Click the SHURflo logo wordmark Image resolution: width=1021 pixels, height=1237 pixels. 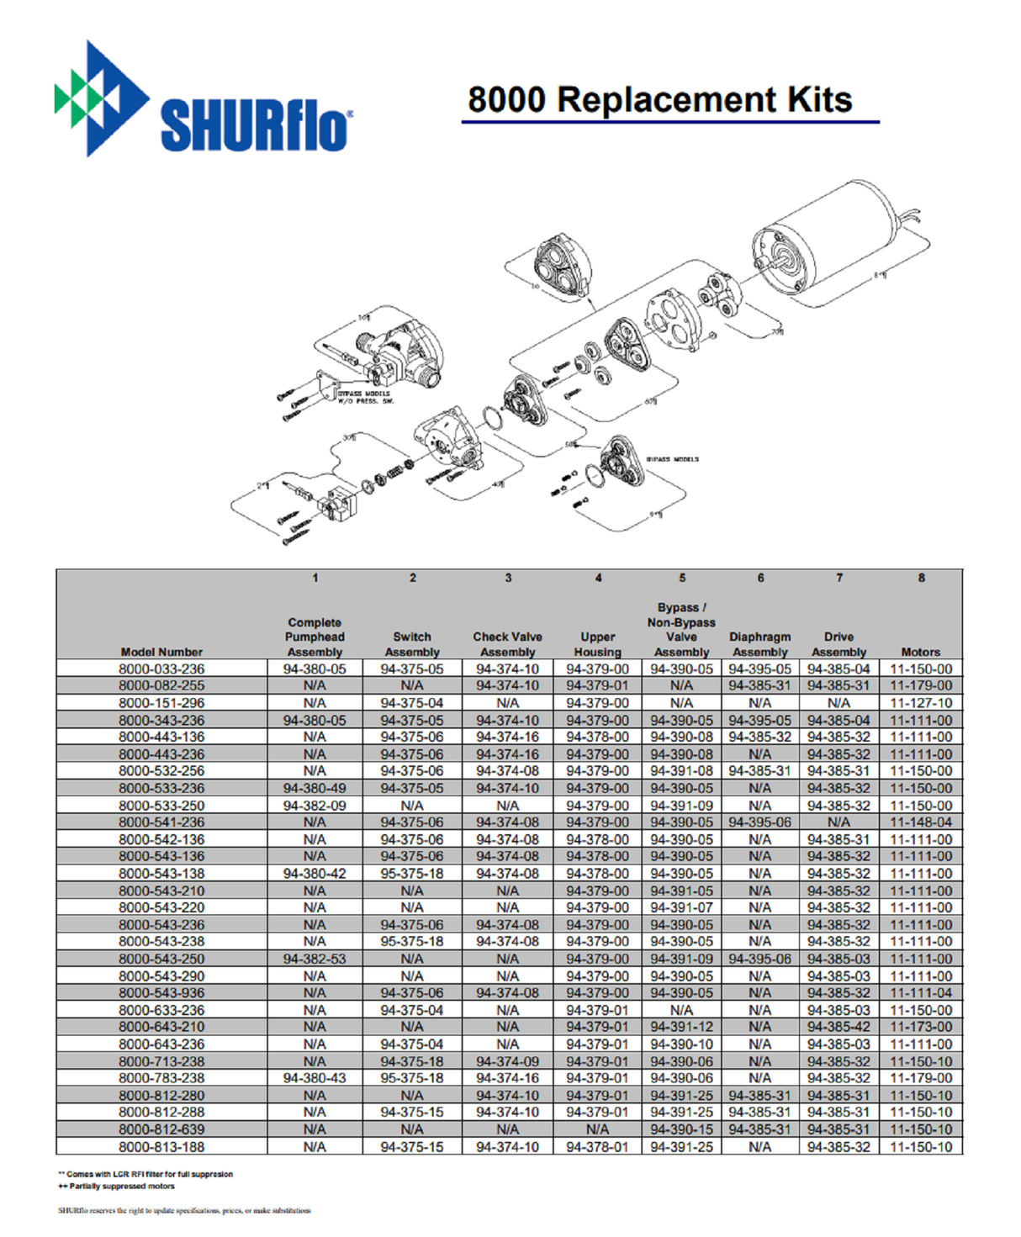255,126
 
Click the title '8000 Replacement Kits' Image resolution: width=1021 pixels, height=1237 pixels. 659,99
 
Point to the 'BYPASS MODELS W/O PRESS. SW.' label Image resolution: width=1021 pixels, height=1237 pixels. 364,397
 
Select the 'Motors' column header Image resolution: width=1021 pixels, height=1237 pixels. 920,652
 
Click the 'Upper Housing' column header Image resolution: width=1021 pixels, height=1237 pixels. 597,644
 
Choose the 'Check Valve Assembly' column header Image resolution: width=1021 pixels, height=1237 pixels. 507,644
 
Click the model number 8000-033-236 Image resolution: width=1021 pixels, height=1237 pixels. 161,669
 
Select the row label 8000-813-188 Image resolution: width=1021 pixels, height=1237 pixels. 161,1147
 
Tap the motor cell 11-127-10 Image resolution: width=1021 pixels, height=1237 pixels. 921,703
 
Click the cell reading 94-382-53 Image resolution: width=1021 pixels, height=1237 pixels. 315,959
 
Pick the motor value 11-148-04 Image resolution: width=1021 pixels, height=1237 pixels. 921,822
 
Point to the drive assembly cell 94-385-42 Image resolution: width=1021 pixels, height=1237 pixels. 838,1028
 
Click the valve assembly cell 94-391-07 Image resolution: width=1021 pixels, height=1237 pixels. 681,908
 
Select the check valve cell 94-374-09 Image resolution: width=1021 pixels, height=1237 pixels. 507,1062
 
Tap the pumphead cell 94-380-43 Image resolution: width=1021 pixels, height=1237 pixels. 315,1079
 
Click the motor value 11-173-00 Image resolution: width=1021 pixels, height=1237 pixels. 921,1028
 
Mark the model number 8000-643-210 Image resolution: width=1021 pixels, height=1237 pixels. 161,1028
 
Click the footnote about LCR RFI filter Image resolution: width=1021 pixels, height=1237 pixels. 145,1174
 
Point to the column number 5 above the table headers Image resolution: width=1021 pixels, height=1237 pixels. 682,579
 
